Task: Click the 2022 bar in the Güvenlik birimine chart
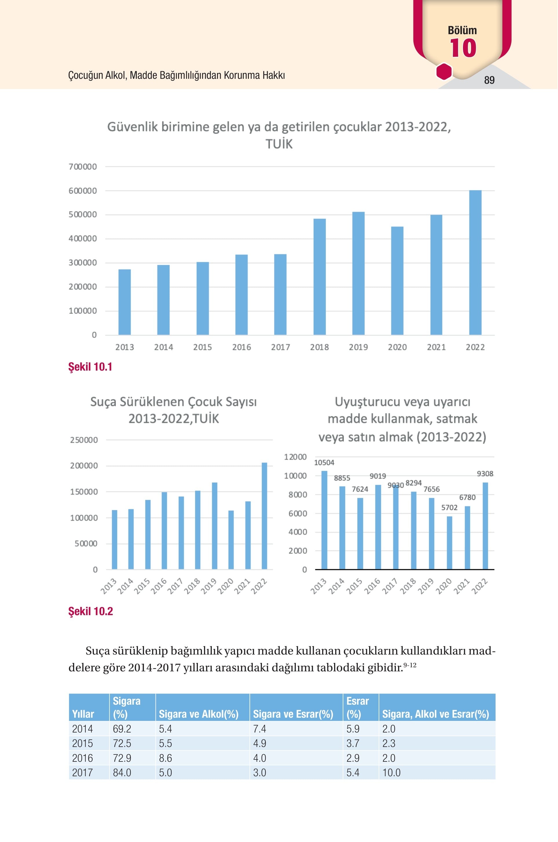pos(475,263)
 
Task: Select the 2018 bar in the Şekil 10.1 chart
pos(320,277)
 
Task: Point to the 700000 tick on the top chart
pos(83,167)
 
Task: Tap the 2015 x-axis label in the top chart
pos(203,347)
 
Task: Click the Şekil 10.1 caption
pos(90,367)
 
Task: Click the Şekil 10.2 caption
pos(91,611)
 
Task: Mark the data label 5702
pos(449,507)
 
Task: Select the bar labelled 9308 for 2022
pos(485,526)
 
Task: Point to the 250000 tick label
pos(84,440)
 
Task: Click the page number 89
pos(489,80)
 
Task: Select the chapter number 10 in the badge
pos(463,48)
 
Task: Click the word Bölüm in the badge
pos(462,30)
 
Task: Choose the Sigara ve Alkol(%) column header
pos(198,714)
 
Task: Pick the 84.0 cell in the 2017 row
pos(122,772)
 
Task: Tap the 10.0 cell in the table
pos(391,772)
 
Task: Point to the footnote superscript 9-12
pos(410,664)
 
